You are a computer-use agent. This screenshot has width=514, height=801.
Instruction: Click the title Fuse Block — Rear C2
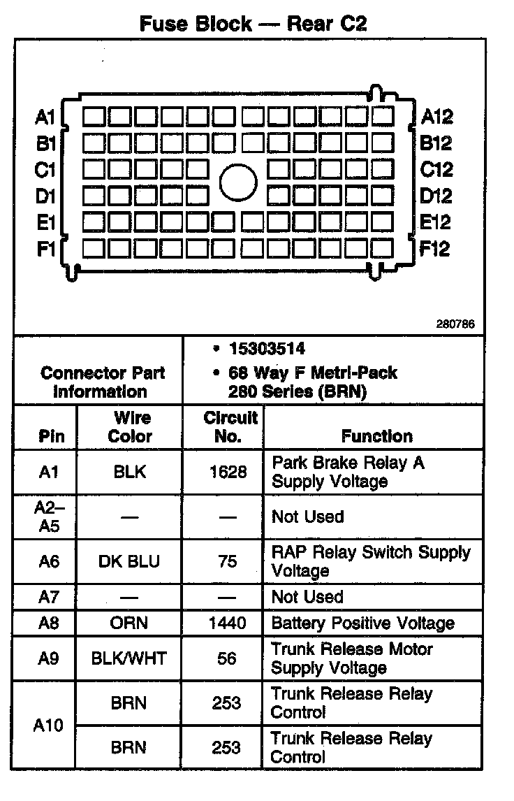click(253, 24)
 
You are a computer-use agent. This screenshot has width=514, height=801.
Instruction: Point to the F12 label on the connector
click(434, 248)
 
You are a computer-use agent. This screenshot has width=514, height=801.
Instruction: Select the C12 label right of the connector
click(436, 169)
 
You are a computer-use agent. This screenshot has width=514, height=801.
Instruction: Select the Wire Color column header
click(131, 427)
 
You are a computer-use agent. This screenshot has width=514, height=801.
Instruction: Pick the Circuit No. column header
click(230, 427)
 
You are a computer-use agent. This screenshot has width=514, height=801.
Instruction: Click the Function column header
click(376, 436)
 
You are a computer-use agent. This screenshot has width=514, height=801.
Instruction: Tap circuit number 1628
click(228, 472)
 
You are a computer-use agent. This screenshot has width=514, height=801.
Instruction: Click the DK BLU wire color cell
click(130, 561)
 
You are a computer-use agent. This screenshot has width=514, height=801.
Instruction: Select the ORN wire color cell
click(130, 623)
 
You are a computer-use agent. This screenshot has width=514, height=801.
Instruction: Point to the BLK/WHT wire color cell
click(129, 658)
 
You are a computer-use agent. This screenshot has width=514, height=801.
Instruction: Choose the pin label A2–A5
click(48, 517)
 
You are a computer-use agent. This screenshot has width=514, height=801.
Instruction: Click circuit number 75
click(228, 561)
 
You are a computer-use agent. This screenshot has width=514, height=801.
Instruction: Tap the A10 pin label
click(48, 725)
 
